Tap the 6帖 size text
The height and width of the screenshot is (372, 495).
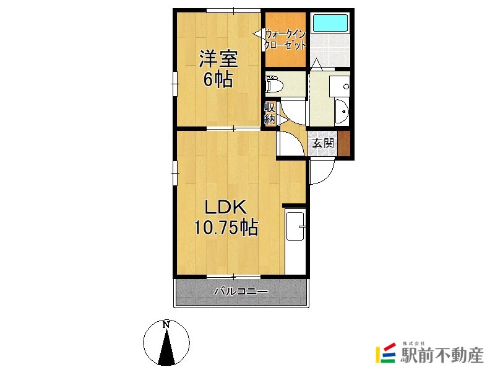pyautogui.click(x=218, y=79)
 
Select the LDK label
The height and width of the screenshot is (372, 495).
pyautogui.click(x=225, y=208)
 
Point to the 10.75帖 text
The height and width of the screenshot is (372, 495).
pyautogui.click(x=226, y=228)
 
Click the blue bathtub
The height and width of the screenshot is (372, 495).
pyautogui.click(x=330, y=22)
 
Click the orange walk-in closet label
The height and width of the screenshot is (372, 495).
pyautogui.click(x=285, y=40)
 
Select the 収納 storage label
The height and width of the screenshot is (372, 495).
pyautogui.click(x=270, y=113)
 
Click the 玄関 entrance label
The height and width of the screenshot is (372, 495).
pyautogui.click(x=323, y=143)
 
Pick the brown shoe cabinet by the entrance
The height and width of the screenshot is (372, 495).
pyautogui.click(x=344, y=143)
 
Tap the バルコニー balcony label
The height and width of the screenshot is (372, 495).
pyautogui.click(x=241, y=291)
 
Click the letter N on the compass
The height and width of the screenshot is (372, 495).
pyautogui.click(x=166, y=325)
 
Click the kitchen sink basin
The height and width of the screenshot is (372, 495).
pyautogui.click(x=295, y=226)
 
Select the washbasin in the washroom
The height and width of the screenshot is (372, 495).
pyautogui.click(x=342, y=112)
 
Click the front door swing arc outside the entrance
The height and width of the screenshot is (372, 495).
pyautogui.click(x=329, y=177)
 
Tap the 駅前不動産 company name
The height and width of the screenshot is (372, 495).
pyautogui.click(x=442, y=355)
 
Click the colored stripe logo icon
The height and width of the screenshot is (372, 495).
pyautogui.click(x=385, y=353)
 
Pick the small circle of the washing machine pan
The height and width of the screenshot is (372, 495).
pyautogui.click(x=346, y=86)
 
